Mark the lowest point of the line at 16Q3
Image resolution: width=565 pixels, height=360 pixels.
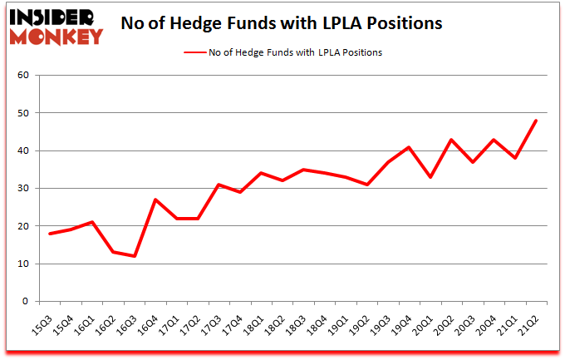(x=134, y=256)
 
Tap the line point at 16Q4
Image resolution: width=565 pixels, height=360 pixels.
(x=155, y=200)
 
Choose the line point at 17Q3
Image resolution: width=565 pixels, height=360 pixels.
(x=219, y=185)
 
